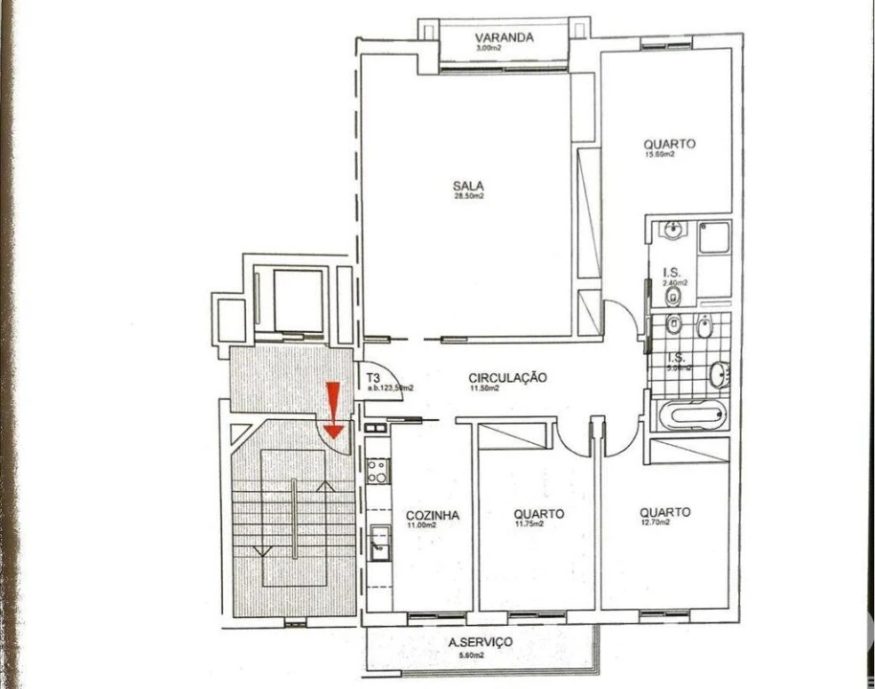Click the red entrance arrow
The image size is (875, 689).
click(x=333, y=410)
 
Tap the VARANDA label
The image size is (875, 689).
click(x=504, y=38)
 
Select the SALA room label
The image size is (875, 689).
click(x=468, y=186)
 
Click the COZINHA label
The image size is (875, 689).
click(x=432, y=515)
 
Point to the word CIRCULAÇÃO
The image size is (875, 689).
click(x=508, y=377)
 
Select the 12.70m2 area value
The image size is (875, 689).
click(x=655, y=522)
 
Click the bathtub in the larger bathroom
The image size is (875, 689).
click(x=688, y=416)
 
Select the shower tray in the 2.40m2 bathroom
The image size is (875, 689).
click(x=713, y=236)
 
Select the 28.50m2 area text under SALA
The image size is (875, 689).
click(x=468, y=196)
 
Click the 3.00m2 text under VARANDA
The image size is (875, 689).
click(x=489, y=48)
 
